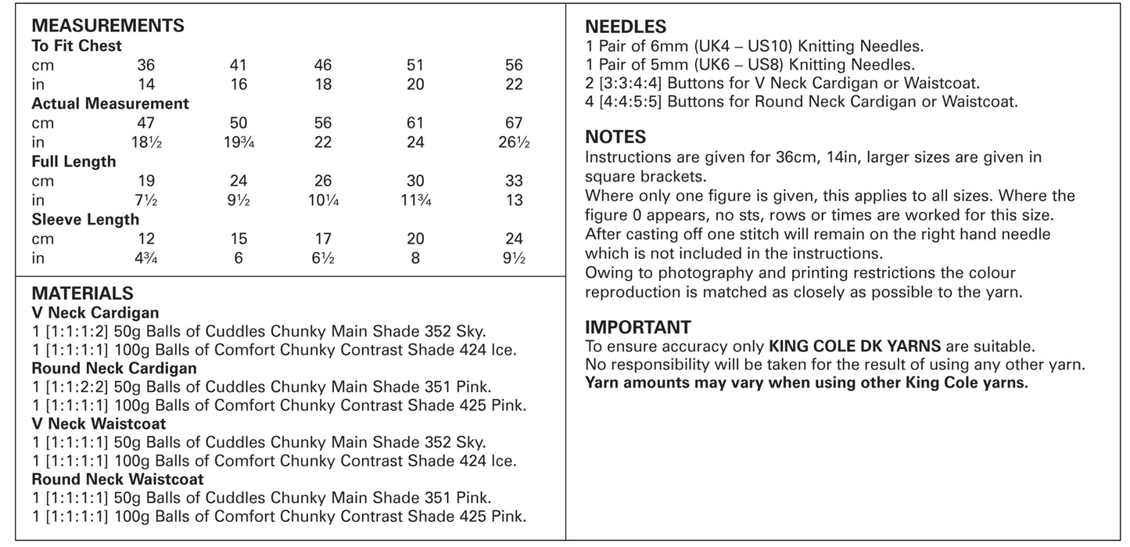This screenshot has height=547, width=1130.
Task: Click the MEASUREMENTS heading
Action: [x=108, y=26]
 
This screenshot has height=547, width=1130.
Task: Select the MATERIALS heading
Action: [x=82, y=293]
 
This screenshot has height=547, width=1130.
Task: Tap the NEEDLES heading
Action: [x=626, y=27]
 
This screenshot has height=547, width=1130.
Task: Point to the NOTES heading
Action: [x=615, y=138]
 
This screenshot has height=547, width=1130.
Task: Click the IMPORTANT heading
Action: [x=638, y=327]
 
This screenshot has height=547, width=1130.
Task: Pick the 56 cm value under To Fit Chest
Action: [x=514, y=65]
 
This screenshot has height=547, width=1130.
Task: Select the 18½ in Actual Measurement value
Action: [x=146, y=142]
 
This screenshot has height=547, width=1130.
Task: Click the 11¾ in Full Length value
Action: [x=415, y=200]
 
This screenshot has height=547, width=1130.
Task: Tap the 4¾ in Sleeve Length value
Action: [x=146, y=258]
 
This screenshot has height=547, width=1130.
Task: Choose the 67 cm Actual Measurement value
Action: [x=514, y=123]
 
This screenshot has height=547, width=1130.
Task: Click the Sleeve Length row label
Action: [x=85, y=220]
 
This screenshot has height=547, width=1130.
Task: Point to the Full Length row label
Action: [x=74, y=162]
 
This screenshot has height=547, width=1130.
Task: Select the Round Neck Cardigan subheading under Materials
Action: [x=114, y=369]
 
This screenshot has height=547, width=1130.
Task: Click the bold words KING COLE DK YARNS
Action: [x=856, y=346]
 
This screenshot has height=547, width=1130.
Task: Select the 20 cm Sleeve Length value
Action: [x=415, y=239]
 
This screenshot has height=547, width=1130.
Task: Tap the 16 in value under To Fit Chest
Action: [x=239, y=85]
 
